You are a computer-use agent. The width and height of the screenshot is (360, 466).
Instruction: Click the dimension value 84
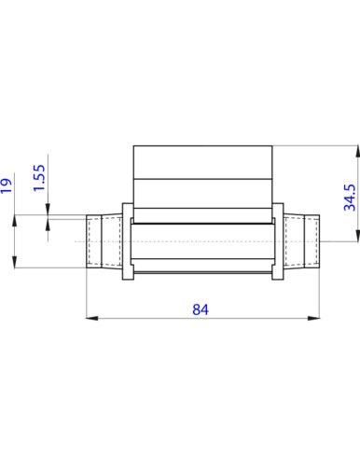pyautogui.click(x=201, y=309)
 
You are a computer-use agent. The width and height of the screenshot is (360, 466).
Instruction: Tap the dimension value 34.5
pyautogui.click(x=350, y=198)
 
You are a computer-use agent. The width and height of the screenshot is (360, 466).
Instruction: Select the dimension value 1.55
pyautogui.click(x=39, y=178)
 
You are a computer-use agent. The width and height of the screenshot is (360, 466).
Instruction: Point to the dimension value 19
pyautogui.click(x=7, y=185)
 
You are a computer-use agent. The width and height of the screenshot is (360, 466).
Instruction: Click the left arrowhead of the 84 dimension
pyautogui.click(x=91, y=318)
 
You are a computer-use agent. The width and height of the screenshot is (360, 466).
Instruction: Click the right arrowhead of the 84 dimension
pyautogui.click(x=313, y=318)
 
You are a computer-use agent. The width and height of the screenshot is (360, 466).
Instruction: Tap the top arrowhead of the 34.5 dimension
pyautogui.click(x=357, y=151)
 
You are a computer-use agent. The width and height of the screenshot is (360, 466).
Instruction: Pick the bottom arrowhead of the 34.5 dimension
pyautogui.click(x=357, y=235)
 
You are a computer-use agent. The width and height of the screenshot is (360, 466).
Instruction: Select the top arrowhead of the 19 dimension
pyautogui.click(x=15, y=221)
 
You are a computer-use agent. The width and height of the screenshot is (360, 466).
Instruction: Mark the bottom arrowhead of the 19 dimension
pyautogui.click(x=15, y=262)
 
